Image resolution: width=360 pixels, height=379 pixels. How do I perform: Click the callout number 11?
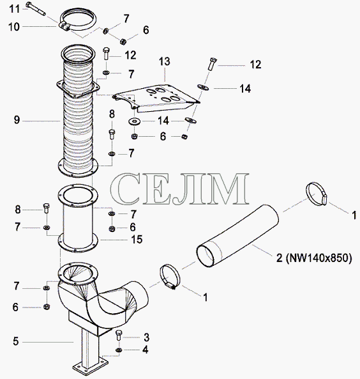[14, 9]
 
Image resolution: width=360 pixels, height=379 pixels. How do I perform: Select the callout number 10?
[14, 27]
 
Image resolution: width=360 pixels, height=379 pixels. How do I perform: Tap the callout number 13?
[165, 61]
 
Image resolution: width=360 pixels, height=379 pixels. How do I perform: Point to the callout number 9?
[17, 120]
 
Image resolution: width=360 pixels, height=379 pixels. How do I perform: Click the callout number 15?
[137, 239]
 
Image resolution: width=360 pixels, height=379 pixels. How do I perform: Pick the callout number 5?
[16, 341]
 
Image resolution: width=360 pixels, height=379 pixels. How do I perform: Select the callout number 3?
[147, 337]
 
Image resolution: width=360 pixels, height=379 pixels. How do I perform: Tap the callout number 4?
[145, 350]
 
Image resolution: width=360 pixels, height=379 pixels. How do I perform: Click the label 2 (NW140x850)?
[314, 258]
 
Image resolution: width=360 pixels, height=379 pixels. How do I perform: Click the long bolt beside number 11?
[36, 8]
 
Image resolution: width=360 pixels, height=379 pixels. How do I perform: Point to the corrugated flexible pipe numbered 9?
[78, 111]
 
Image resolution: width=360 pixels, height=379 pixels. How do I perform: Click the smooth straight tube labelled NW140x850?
[237, 236]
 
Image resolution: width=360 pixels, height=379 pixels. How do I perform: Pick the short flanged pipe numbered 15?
[78, 219]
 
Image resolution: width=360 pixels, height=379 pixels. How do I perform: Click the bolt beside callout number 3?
[119, 335]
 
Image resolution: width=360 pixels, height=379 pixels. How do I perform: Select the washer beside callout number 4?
[119, 350]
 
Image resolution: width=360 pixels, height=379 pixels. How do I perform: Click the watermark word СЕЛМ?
[180, 189]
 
